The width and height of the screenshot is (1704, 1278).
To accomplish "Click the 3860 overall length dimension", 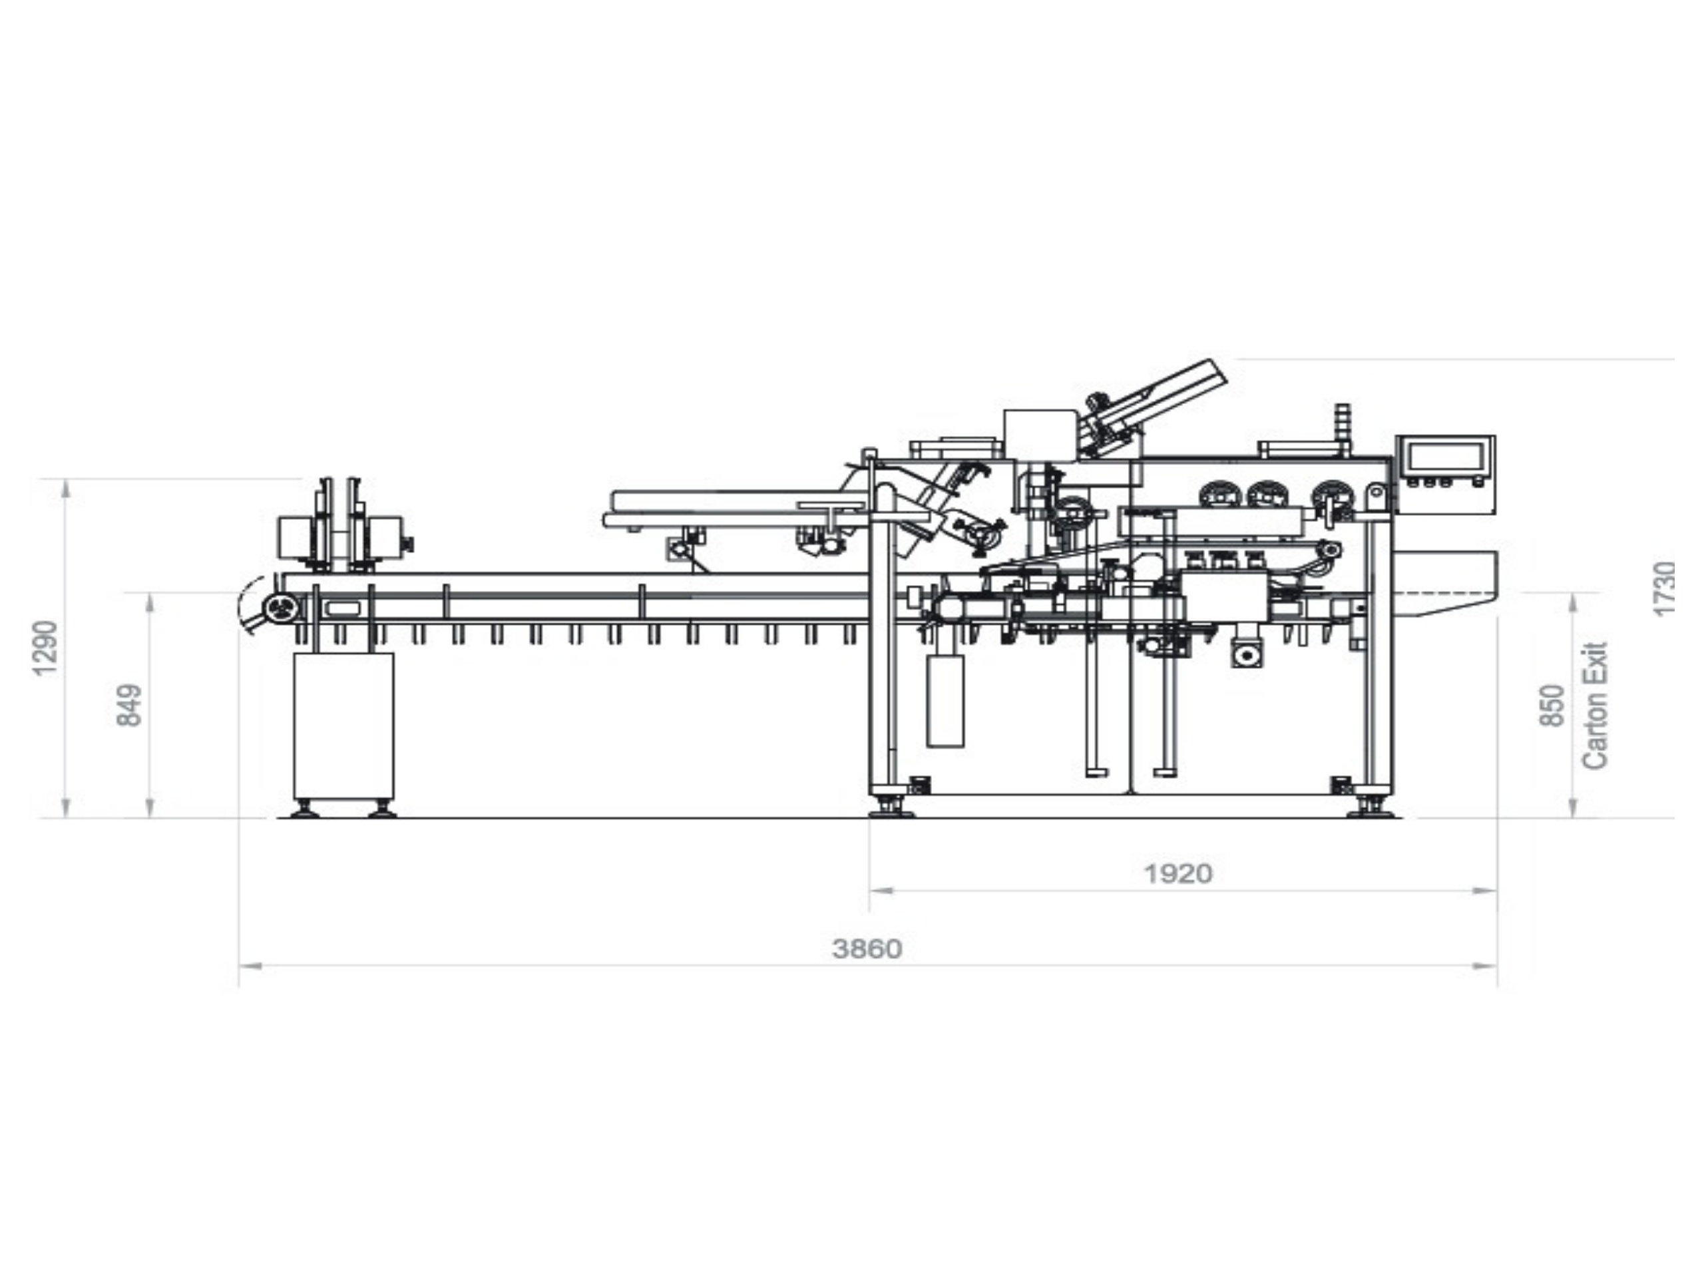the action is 867,949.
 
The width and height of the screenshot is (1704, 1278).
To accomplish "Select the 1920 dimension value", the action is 1178,873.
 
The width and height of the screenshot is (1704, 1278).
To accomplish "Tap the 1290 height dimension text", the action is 45,648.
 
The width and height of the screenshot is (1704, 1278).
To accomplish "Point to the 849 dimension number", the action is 129,704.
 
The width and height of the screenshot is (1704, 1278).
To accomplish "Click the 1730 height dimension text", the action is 1665,588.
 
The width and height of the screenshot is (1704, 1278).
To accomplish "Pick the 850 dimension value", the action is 1552,704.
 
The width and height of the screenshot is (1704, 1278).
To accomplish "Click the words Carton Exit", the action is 1595,705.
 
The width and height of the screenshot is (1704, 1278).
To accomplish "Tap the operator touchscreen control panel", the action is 1445,462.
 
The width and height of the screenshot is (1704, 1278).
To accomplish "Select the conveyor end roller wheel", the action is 281,608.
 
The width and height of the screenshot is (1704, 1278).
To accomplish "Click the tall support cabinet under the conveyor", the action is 343,726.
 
